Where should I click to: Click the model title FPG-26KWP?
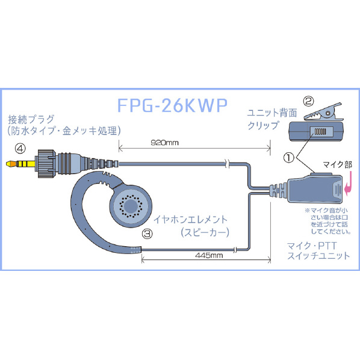tap(172, 105)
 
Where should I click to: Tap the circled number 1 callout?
tap(289, 158)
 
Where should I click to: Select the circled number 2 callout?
tap(308, 101)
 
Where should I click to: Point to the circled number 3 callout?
tap(147, 234)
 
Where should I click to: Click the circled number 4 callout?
tap(20, 149)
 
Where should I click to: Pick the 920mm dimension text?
tap(164, 143)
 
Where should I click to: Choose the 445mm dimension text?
tap(209, 255)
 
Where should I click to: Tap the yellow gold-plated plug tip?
tap(20, 164)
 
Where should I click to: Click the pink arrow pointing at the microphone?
tap(347, 185)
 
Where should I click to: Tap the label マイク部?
tap(337, 164)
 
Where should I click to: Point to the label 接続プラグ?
tap(31, 119)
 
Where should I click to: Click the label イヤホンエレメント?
tap(190, 220)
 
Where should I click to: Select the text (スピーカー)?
tap(205, 232)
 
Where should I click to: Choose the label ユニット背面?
tap(272, 113)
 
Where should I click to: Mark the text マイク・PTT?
tap(312, 246)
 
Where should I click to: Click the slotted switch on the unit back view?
tap(320, 132)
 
